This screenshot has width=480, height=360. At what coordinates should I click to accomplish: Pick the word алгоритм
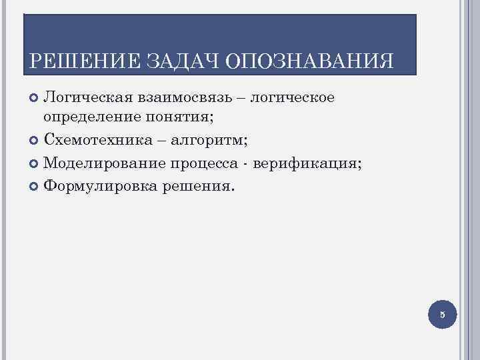[x=212, y=141]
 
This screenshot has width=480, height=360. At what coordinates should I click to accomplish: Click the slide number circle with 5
[x=441, y=314]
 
